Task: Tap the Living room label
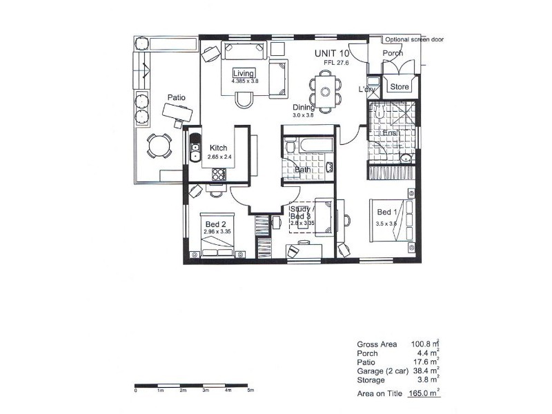[244, 73]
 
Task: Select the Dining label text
[303, 108]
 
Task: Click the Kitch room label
[219, 148]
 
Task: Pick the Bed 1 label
[386, 213]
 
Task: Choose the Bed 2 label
[216, 224]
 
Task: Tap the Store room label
[400, 87]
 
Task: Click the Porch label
[393, 53]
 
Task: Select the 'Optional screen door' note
[413, 39]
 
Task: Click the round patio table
[159, 146]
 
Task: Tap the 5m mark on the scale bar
[250, 391]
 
